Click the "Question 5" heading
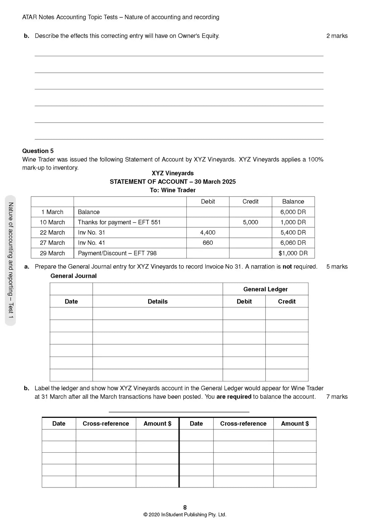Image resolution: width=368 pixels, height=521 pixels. point(38,151)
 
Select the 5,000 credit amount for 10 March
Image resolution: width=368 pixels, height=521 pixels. point(250,222)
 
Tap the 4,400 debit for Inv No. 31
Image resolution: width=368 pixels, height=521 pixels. point(208,233)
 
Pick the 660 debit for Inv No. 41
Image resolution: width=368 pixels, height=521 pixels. point(208,243)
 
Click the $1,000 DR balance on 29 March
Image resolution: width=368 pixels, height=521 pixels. point(293,253)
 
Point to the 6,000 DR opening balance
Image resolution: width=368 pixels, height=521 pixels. point(293,212)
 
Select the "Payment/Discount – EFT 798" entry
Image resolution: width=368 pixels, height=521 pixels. point(117,253)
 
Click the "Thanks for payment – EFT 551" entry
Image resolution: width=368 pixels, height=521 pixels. point(119,222)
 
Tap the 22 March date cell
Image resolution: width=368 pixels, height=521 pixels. point(52,233)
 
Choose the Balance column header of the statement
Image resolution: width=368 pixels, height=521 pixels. point(293,202)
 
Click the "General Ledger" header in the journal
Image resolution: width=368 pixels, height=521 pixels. point(265,289)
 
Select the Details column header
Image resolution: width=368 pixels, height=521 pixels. point(158,301)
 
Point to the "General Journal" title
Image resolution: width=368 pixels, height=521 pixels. point(74,276)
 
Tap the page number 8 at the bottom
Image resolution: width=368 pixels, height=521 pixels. point(185,508)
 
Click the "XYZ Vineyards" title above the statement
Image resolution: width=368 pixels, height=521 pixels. point(173,173)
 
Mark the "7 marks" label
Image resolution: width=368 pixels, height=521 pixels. point(337,397)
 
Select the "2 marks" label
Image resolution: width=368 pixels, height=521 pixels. point(337,36)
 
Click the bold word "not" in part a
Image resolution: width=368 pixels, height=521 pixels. point(287,267)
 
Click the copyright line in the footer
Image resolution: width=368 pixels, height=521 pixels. point(185,515)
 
